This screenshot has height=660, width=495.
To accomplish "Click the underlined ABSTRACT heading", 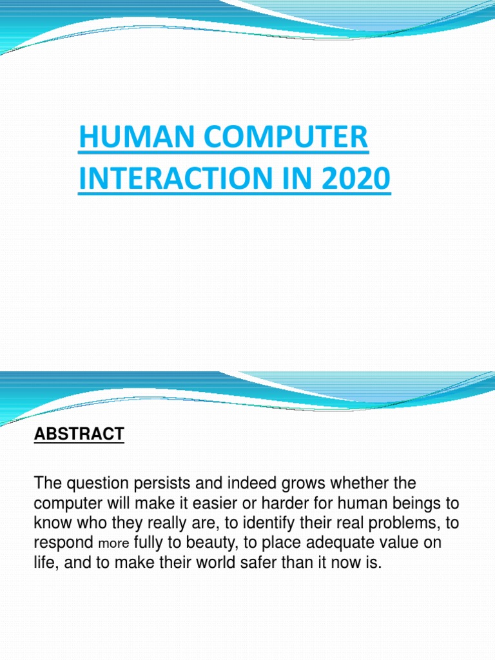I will click(x=79, y=434).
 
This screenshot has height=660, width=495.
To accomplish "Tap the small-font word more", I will click(x=113, y=543).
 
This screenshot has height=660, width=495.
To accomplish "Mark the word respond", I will click(x=63, y=543).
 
